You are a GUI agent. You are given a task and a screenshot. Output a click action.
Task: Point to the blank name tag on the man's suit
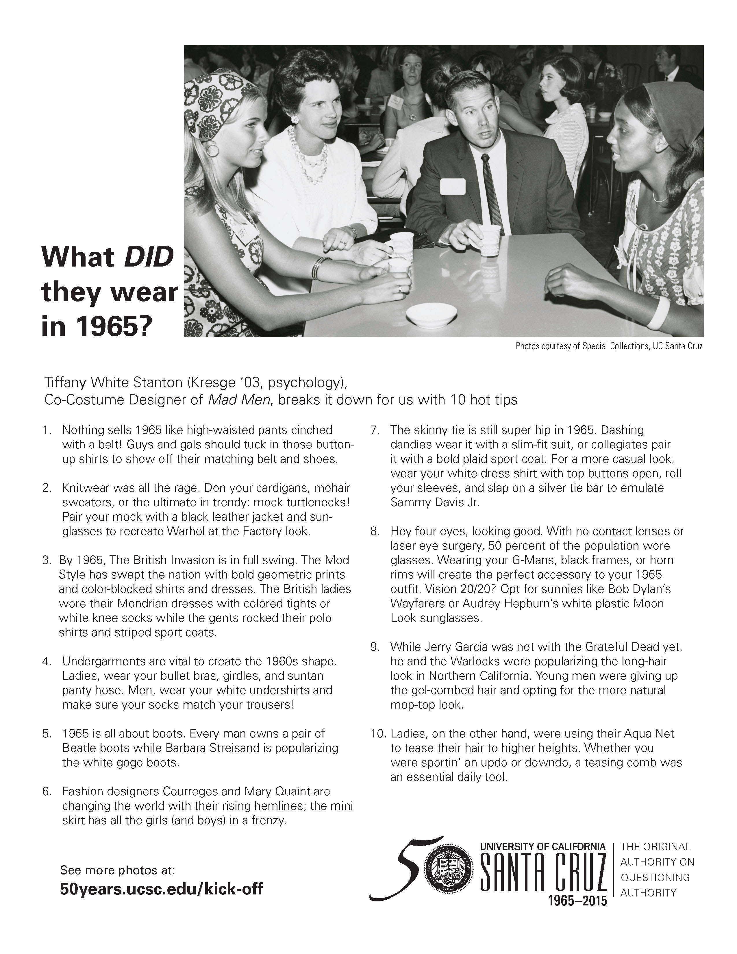453,186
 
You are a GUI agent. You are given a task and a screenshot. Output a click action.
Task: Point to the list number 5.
47,733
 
